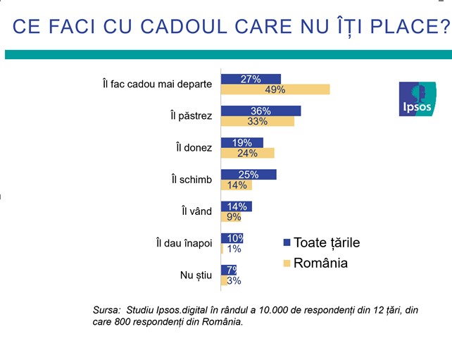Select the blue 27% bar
coord(251,79)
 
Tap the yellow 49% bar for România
coord(275,89)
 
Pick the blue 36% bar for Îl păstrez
coord(260,111)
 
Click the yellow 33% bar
coord(258,121)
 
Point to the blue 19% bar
coord(242,142)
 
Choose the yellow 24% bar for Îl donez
coord(247,153)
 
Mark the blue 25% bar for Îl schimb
coord(249,175)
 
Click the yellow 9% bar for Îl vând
coord(231,217)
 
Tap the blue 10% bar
coord(232,238)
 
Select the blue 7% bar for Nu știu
coord(229,270)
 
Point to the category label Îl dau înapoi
coord(184,243)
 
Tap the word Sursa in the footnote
coord(106,309)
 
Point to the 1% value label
coord(234,249)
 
